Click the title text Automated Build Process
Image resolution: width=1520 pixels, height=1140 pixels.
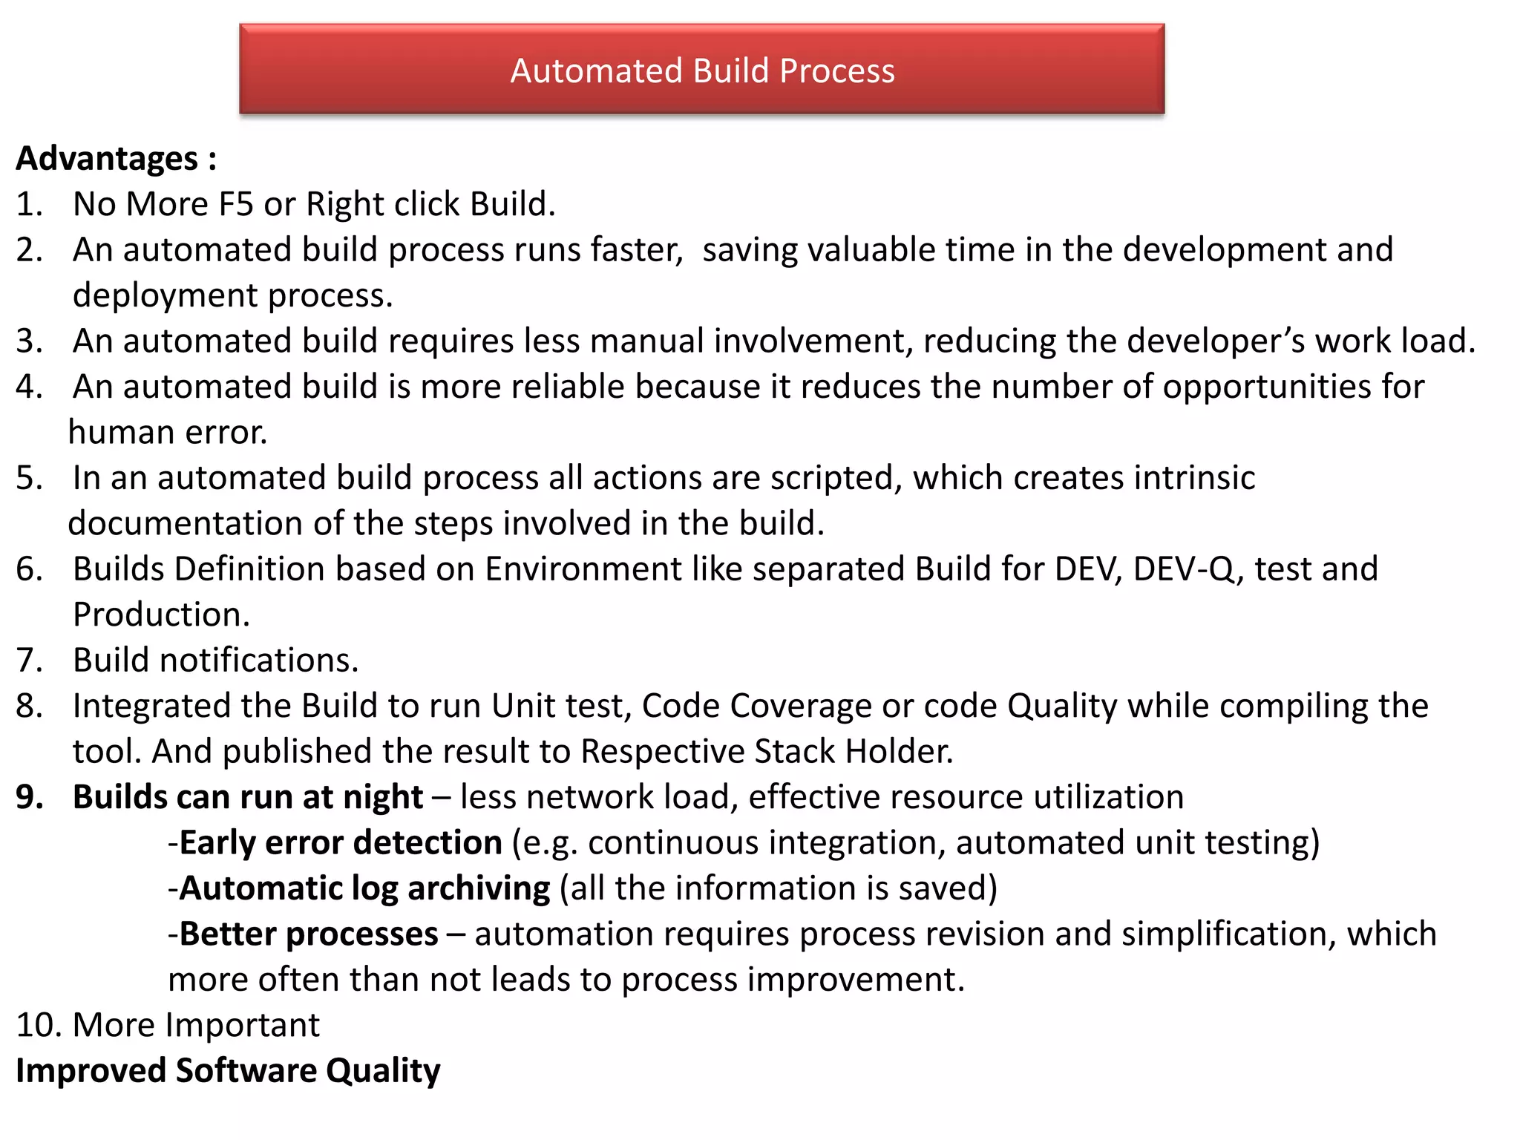click(x=702, y=71)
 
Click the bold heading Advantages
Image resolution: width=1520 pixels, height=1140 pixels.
click(x=108, y=159)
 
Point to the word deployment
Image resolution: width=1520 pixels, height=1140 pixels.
click(x=165, y=295)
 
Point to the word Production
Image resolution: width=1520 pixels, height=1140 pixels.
click(x=160, y=615)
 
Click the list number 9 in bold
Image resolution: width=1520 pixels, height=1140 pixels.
click(x=29, y=797)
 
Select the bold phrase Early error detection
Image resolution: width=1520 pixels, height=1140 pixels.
click(x=341, y=843)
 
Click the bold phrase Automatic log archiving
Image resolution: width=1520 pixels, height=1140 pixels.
click(x=364, y=888)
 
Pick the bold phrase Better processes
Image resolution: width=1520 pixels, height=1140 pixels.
click(x=309, y=934)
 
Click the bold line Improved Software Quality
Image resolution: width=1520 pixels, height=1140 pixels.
click(x=228, y=1070)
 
